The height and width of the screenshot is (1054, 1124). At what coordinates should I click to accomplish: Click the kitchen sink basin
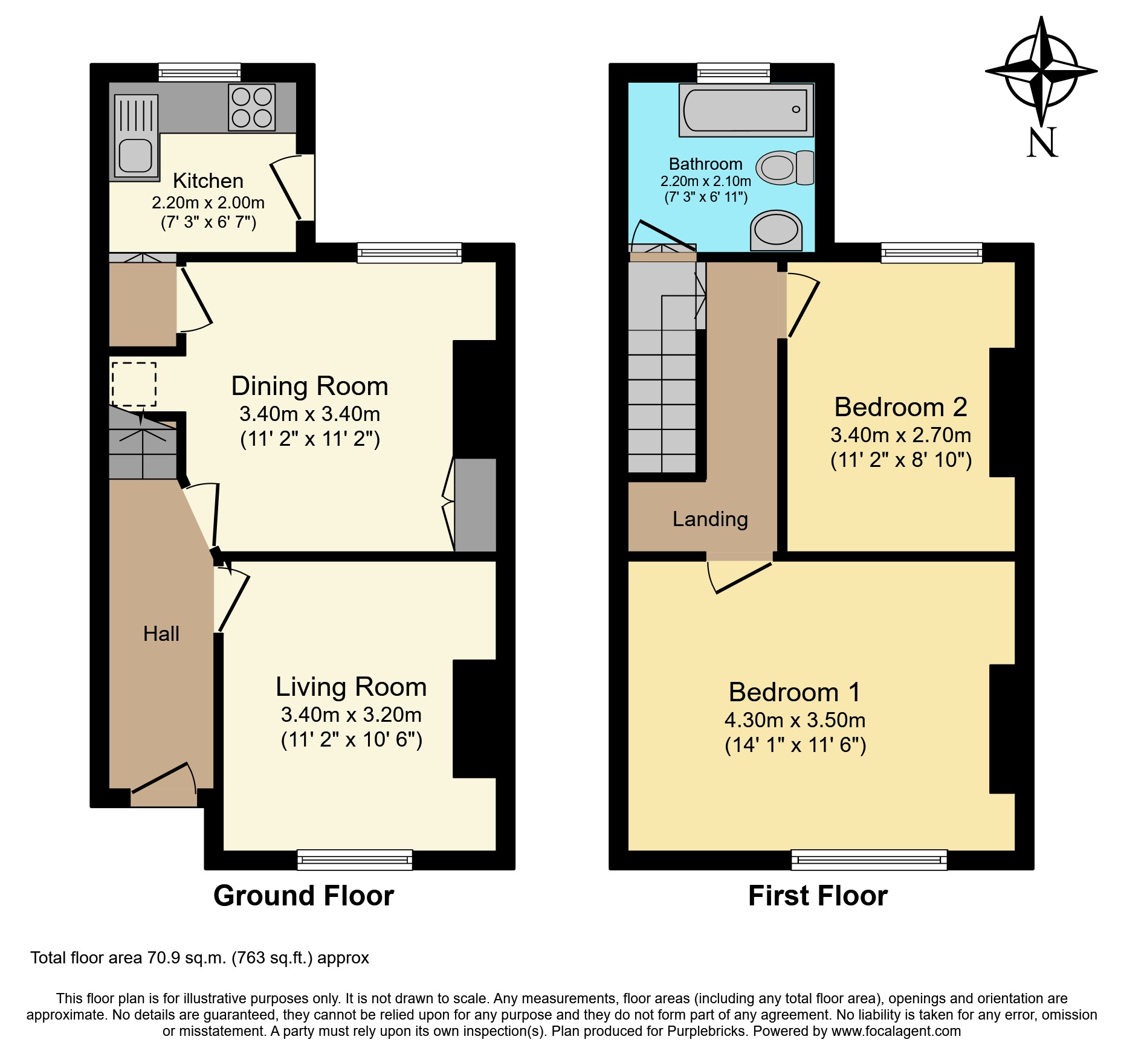coord(135,155)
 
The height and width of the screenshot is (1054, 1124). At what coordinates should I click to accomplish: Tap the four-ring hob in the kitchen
coord(251,108)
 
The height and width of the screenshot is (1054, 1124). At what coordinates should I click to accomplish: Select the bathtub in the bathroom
coord(745,110)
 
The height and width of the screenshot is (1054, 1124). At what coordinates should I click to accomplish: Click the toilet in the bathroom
coord(784,167)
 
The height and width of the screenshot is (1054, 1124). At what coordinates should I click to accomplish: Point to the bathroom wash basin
coord(776,230)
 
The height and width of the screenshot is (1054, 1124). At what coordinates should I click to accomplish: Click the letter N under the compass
coord(1042,143)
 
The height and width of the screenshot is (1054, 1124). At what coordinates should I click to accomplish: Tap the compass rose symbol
coord(1041,71)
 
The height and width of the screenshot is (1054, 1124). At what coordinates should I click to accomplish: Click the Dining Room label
coord(309,386)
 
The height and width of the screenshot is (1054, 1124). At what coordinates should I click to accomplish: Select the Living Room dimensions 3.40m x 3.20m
coord(351,715)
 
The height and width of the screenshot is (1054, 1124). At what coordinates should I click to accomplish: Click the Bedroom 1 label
coord(795,692)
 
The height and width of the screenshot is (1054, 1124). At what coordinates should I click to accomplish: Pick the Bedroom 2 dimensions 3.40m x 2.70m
coord(900,435)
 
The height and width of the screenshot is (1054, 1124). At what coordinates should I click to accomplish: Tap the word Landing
coord(710,519)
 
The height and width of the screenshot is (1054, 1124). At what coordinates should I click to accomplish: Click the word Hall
coord(161,634)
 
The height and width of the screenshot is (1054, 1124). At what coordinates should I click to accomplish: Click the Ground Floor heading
coord(303,895)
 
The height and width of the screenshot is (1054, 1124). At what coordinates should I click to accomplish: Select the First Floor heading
coord(818,895)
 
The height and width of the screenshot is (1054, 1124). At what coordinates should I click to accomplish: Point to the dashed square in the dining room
coord(134,384)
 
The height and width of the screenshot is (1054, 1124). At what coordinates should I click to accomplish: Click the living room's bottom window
coord(355,860)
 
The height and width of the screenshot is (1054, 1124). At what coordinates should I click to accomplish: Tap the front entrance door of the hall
coord(164,797)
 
